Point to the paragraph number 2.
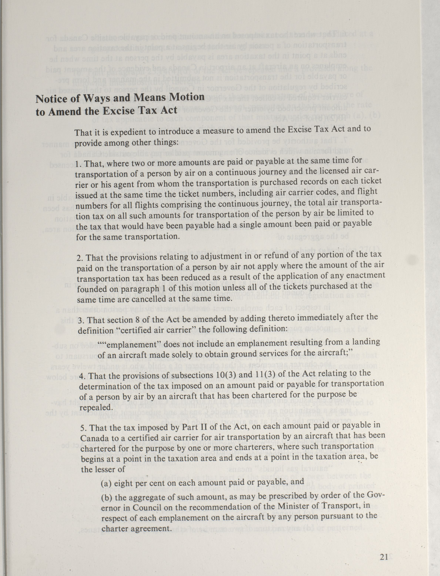coord(80,258)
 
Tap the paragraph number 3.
coord(80,320)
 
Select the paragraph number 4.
coord(81,376)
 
